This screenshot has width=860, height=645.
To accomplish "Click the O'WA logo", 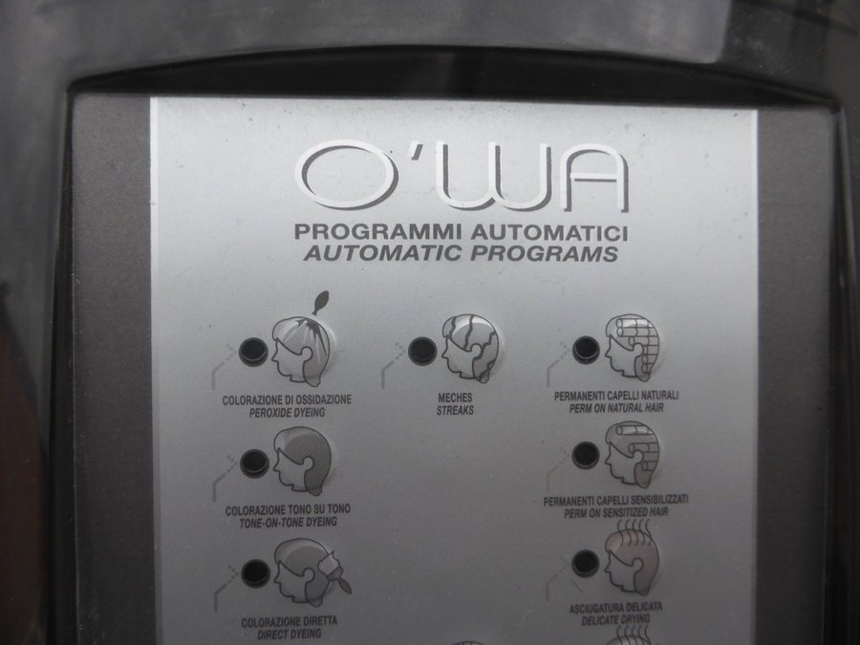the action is [x=462, y=177].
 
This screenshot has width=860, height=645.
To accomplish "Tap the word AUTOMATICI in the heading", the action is [x=549, y=232].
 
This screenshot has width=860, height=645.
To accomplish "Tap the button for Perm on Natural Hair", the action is [x=586, y=350].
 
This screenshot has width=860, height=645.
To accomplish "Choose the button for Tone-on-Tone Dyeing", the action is [x=254, y=462].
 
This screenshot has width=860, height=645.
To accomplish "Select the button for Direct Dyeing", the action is [x=255, y=573].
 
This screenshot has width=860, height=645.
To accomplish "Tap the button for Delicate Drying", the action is [x=585, y=563].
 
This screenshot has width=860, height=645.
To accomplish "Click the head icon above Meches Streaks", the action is [x=470, y=348].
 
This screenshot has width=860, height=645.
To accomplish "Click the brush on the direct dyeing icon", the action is [x=337, y=573].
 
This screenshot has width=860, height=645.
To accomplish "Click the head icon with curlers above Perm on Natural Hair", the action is [x=632, y=344].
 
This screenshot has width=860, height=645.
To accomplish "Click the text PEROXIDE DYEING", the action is [x=287, y=413].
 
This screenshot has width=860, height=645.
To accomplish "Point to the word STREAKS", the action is [x=455, y=410].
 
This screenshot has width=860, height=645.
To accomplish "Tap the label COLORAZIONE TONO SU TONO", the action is [x=288, y=510].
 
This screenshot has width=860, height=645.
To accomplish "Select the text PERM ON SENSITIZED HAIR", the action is [x=616, y=513].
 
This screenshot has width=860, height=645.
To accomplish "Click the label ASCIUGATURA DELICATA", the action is [x=615, y=608].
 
